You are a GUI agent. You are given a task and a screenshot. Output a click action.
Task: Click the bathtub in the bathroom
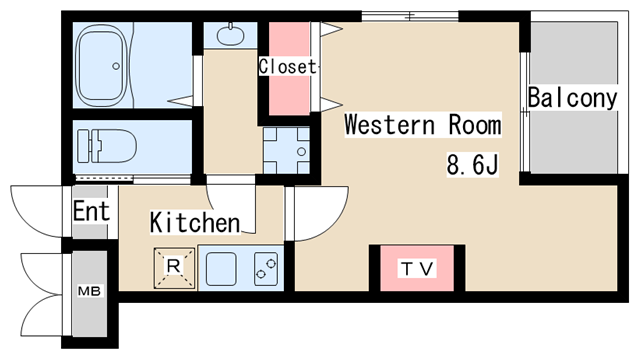(103, 65)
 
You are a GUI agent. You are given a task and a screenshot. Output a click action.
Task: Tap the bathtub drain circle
(116, 66)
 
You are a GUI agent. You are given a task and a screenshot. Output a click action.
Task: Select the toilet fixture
(107, 146)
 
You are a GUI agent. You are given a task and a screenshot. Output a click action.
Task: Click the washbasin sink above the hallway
(230, 35)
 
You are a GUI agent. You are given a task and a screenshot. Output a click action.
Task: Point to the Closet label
(287, 67)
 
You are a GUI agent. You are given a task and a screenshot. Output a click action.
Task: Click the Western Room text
(423, 124)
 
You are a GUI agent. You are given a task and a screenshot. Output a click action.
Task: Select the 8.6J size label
(473, 165)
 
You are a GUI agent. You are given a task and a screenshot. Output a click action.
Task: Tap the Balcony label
(572, 98)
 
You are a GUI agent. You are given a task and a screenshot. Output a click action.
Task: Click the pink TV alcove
(417, 268)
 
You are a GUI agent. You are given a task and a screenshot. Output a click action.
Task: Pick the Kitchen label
(195, 223)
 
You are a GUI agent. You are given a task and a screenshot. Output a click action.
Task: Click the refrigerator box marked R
(174, 268)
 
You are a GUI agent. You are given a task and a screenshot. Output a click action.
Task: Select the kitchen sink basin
(221, 269)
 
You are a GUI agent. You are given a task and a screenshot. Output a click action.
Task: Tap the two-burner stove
(266, 269)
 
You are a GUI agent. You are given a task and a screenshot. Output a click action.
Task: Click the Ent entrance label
(91, 211)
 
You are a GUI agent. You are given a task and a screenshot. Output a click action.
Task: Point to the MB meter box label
(89, 291)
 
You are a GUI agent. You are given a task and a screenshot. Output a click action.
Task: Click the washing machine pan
(286, 151)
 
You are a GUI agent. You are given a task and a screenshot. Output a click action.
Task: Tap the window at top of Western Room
(410, 16)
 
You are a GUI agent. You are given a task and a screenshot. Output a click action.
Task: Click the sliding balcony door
(525, 112)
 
